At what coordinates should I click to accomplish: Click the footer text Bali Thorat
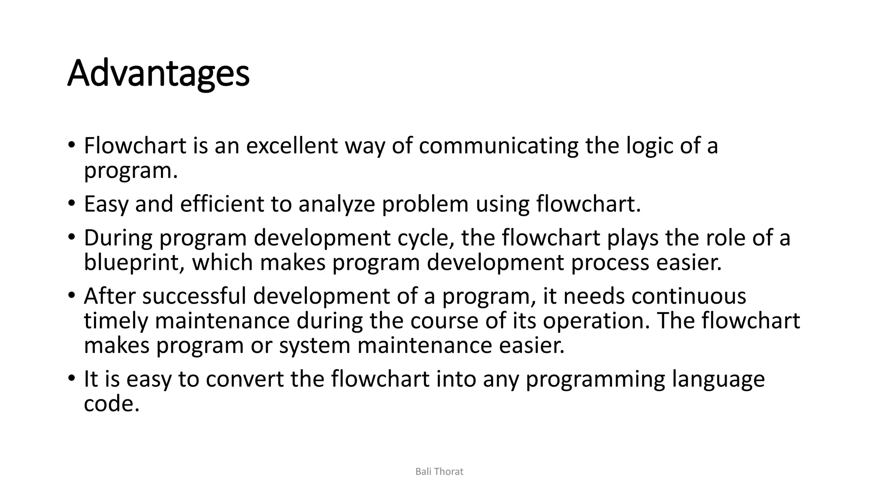439,472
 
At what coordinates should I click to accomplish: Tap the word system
315,346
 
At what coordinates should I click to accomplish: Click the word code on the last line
112,404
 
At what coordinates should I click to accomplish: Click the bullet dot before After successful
71,295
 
